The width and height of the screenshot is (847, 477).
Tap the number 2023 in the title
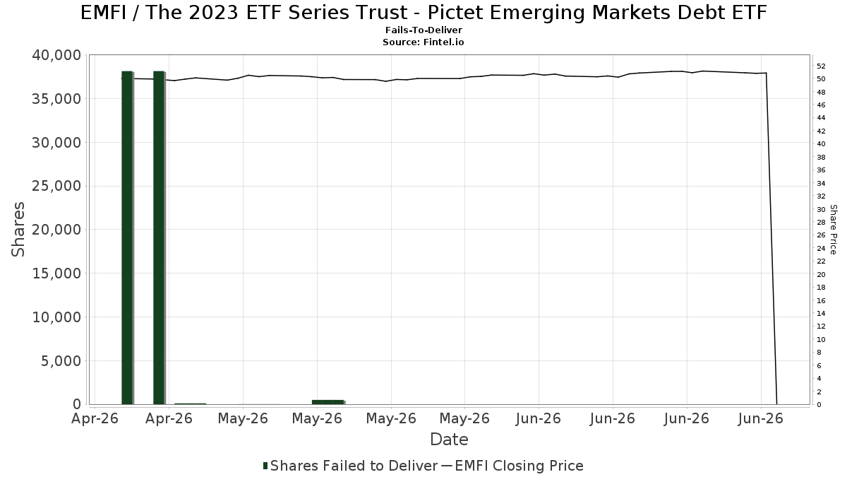coord(213,13)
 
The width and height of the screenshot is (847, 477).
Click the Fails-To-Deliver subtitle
coord(423,30)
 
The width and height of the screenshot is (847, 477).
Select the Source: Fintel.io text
coord(423,42)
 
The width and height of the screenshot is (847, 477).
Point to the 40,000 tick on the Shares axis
coord(56,55)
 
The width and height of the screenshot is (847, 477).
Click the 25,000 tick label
coord(56,186)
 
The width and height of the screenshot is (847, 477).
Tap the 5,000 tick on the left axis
coord(61,361)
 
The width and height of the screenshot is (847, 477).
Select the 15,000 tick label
coord(56,273)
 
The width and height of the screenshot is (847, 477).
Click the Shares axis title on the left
coord(18,230)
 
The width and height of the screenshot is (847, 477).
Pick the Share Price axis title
coord(833,230)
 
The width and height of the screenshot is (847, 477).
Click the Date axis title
coord(449,440)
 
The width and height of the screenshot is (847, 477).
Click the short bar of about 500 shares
coord(328,402)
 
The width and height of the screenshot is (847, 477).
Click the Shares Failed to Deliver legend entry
coord(351,466)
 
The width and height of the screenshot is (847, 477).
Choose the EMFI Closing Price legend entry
coord(512,466)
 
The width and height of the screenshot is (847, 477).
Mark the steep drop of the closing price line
coord(771,239)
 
